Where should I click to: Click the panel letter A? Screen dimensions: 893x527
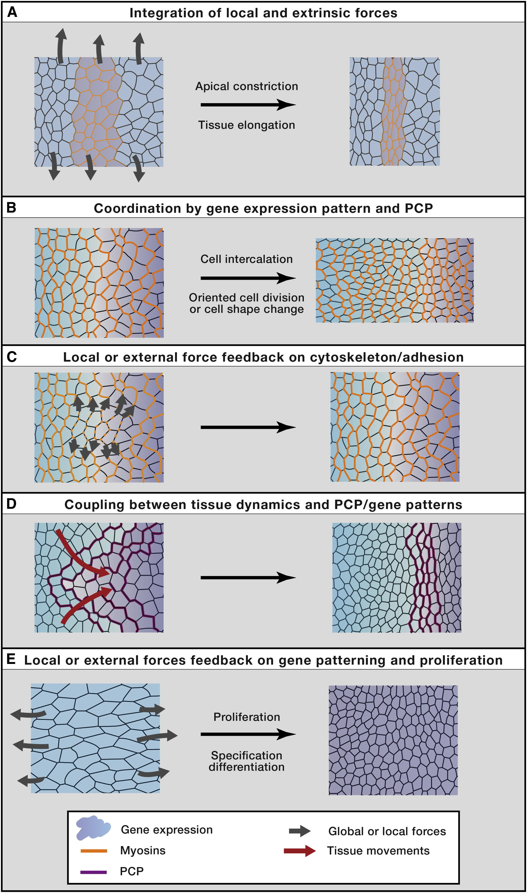(12, 12)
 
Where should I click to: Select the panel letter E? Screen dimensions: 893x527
(11, 659)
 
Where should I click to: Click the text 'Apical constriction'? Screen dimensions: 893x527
(246, 86)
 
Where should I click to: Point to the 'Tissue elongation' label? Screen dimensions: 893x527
(246, 125)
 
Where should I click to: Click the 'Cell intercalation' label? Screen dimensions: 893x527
(246, 259)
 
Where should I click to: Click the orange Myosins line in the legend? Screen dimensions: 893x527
(94, 850)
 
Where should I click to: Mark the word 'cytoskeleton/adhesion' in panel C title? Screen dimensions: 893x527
(387, 357)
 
